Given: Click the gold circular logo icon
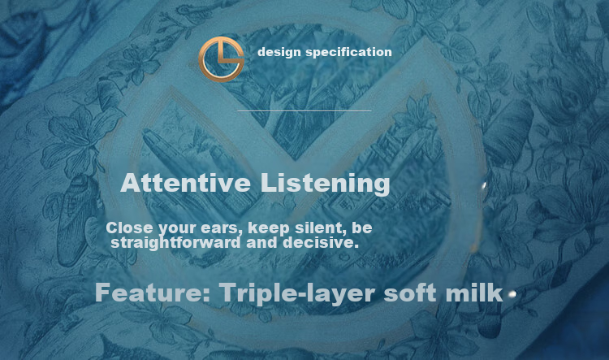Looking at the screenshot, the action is [221, 59].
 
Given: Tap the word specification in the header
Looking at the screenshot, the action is [349, 52].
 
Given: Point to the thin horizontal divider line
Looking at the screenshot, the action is [304, 111].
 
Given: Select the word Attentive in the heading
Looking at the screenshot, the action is [186, 183].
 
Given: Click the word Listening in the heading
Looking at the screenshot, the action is [325, 184].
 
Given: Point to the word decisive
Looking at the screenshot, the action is [321, 243].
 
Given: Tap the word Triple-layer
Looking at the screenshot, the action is [297, 293].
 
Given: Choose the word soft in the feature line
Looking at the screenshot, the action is [410, 293].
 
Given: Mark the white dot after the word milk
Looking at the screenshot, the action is [512, 294].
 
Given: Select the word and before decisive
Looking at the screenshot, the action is [261, 243].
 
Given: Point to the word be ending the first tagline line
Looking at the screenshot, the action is [361, 228].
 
